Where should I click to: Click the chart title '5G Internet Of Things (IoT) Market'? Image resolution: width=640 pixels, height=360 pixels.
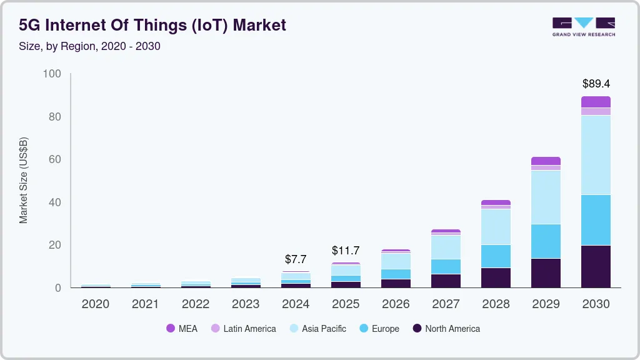[x=152, y=25]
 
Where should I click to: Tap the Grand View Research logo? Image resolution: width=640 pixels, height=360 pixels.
[x=584, y=26]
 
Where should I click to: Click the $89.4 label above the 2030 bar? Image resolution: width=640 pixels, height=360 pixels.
[x=596, y=83]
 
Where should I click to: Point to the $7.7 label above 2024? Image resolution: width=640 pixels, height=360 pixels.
[x=296, y=259]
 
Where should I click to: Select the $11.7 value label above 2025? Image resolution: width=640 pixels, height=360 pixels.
[x=346, y=251]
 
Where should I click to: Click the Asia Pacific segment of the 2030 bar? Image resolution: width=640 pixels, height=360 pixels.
[x=596, y=155]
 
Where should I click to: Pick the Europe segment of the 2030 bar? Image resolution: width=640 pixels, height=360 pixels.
[x=596, y=220]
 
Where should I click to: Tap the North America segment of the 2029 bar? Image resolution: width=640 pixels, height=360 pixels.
[x=546, y=273]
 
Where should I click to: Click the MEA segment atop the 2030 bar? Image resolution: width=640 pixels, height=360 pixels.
[x=596, y=102]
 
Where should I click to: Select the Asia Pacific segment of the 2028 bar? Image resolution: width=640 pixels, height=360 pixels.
[x=496, y=227]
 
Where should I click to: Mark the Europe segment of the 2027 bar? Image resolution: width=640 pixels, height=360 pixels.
[x=446, y=266]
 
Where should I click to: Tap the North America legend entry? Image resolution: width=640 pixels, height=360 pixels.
[x=446, y=329]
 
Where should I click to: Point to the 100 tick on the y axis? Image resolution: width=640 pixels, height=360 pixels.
[x=52, y=74]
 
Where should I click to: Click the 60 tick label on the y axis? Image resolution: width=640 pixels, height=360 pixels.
[x=55, y=159]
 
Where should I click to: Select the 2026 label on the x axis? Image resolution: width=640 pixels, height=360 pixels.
[x=396, y=304]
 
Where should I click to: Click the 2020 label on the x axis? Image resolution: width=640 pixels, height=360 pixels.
[x=96, y=304]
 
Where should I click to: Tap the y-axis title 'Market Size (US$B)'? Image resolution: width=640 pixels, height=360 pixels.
[x=24, y=180]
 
